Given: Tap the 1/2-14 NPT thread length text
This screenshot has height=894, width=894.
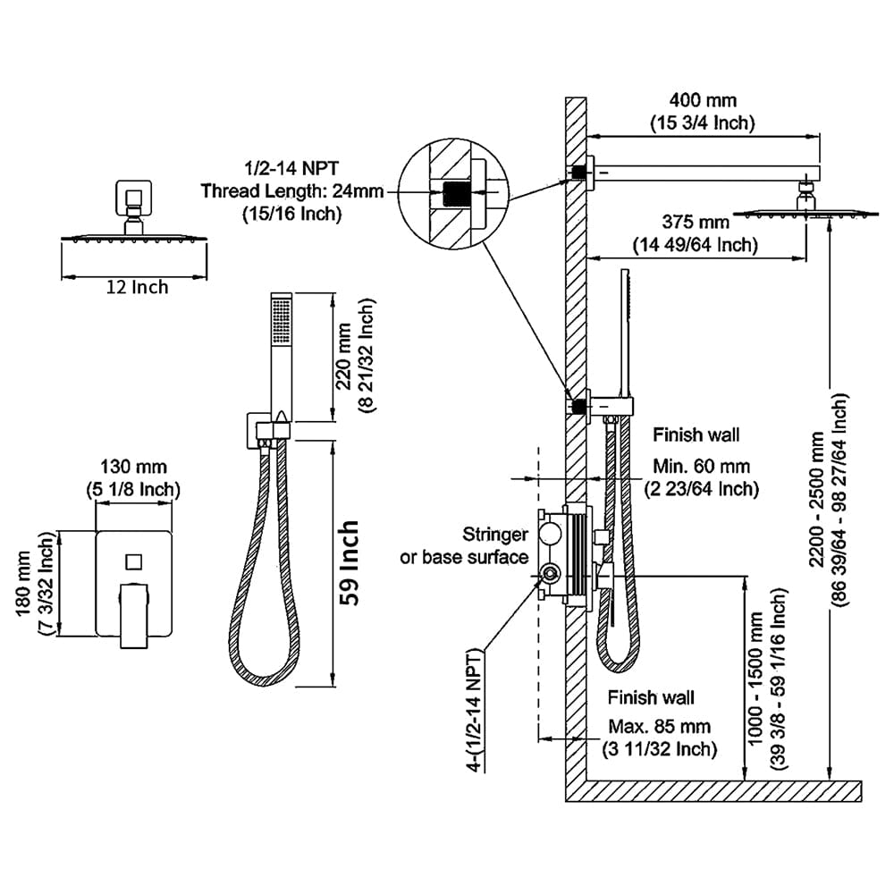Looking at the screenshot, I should (x=281, y=190).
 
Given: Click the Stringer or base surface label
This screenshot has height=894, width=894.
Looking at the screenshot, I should (x=465, y=546).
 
